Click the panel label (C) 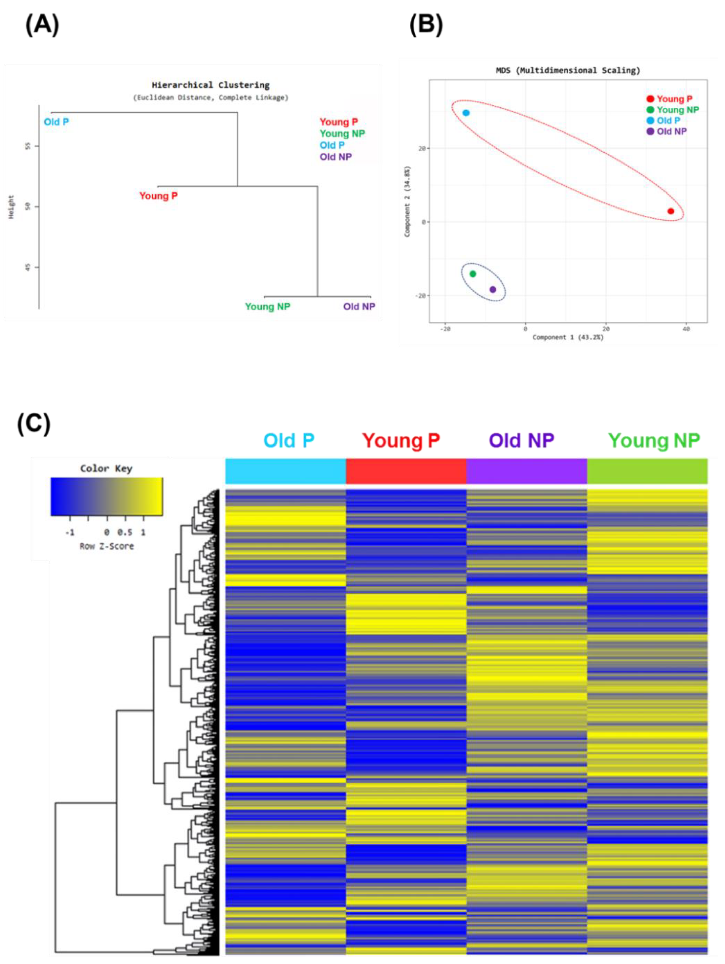click(x=34, y=424)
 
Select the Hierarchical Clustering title click(x=210, y=85)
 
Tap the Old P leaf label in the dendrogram click(x=56, y=122)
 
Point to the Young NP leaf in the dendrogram click(x=267, y=307)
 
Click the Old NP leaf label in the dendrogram click(x=359, y=307)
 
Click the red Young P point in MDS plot click(x=671, y=211)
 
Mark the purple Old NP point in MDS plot click(x=493, y=289)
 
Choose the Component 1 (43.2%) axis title click(x=568, y=337)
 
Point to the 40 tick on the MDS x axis click(x=686, y=329)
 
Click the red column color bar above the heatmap click(x=406, y=471)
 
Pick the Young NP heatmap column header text click(x=654, y=441)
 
